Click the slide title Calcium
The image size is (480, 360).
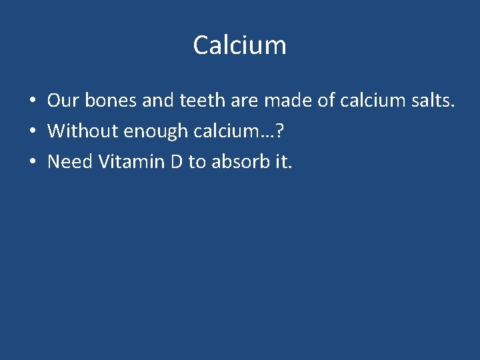(x=239, y=45)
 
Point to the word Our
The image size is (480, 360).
(x=63, y=101)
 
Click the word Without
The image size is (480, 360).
(x=75, y=131)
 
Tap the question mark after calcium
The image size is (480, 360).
(x=279, y=131)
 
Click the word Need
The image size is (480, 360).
(x=69, y=161)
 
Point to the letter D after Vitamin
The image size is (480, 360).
(x=176, y=161)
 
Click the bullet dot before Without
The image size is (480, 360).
(x=31, y=132)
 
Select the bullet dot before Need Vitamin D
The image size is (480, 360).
(x=31, y=162)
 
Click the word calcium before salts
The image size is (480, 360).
(x=370, y=101)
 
